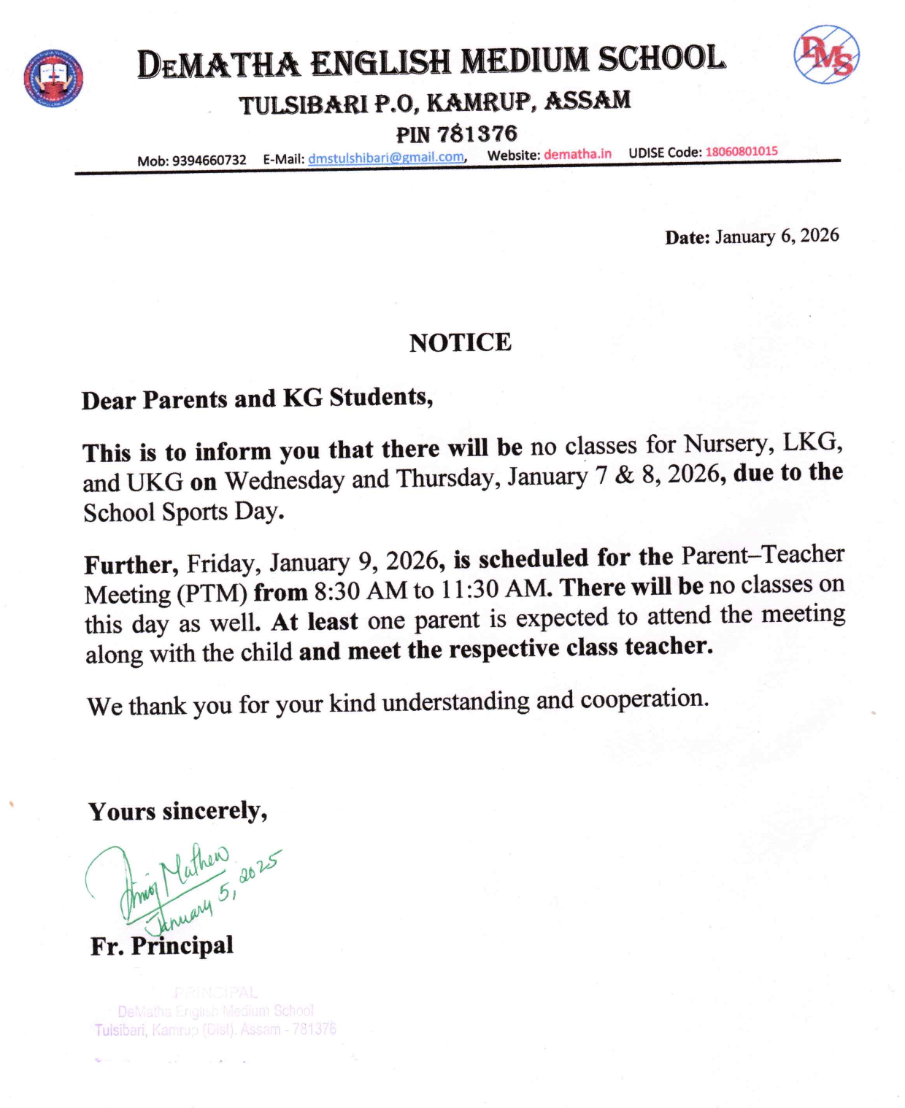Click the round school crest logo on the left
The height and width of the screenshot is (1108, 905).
pyautogui.click(x=53, y=78)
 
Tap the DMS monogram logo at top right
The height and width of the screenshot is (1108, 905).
pyautogui.click(x=826, y=55)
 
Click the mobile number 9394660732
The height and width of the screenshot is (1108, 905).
pyautogui.click(x=209, y=160)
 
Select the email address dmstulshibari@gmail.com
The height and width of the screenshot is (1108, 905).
pyautogui.click(x=386, y=158)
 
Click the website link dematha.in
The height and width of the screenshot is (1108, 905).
pyautogui.click(x=577, y=154)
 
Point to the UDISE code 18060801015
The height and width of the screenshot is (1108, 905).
pyautogui.click(x=741, y=151)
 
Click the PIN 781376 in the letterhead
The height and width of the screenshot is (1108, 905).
pyautogui.click(x=477, y=134)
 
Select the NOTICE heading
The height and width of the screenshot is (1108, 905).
pyautogui.click(x=460, y=342)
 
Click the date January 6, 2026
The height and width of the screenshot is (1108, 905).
pyautogui.click(x=777, y=236)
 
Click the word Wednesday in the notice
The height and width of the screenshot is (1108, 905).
pyautogui.click(x=285, y=480)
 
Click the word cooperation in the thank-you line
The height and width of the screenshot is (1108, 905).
pyautogui.click(x=644, y=699)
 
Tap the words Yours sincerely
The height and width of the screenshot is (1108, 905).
pyautogui.click(x=177, y=811)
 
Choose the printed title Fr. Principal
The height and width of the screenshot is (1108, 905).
pyautogui.click(x=161, y=945)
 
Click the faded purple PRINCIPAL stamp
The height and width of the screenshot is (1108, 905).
pyautogui.click(x=215, y=1012)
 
